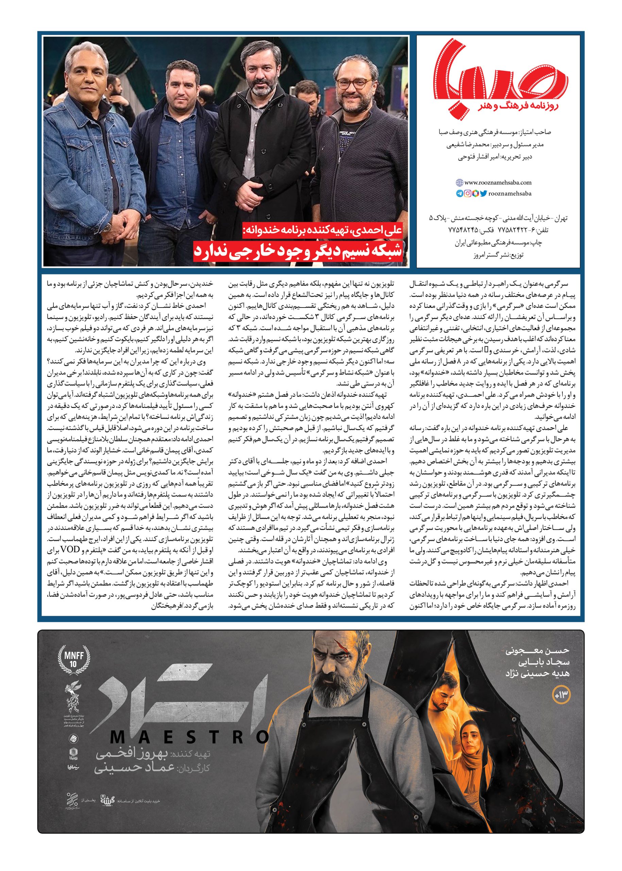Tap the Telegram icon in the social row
click(x=459, y=194)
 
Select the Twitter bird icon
click(x=483, y=194)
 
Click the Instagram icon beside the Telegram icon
click(x=467, y=194)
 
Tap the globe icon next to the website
click(x=459, y=183)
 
